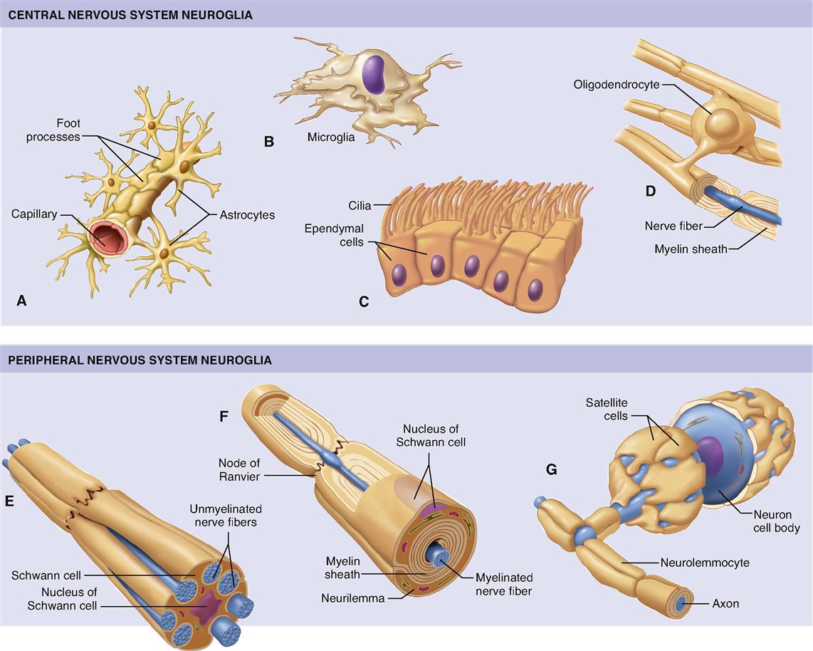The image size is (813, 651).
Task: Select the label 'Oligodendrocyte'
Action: pyautogui.click(x=617, y=85)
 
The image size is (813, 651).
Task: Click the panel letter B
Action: pyautogui.click(x=268, y=141)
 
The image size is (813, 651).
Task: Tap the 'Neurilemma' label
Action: pyautogui.click(x=356, y=598)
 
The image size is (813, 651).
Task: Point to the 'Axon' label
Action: pyautogui.click(x=725, y=603)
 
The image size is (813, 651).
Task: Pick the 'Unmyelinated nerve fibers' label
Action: pyautogui.click(x=226, y=515)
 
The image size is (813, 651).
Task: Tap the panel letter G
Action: pyautogui.click(x=550, y=469)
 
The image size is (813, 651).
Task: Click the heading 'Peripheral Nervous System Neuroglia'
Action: pyautogui.click(x=140, y=360)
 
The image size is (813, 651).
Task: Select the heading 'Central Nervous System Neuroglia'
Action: pyautogui.click(x=130, y=14)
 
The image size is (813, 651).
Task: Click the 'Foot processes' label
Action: pyautogui.click(x=53, y=130)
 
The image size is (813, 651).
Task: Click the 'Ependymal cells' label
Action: pyautogui.click(x=334, y=235)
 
